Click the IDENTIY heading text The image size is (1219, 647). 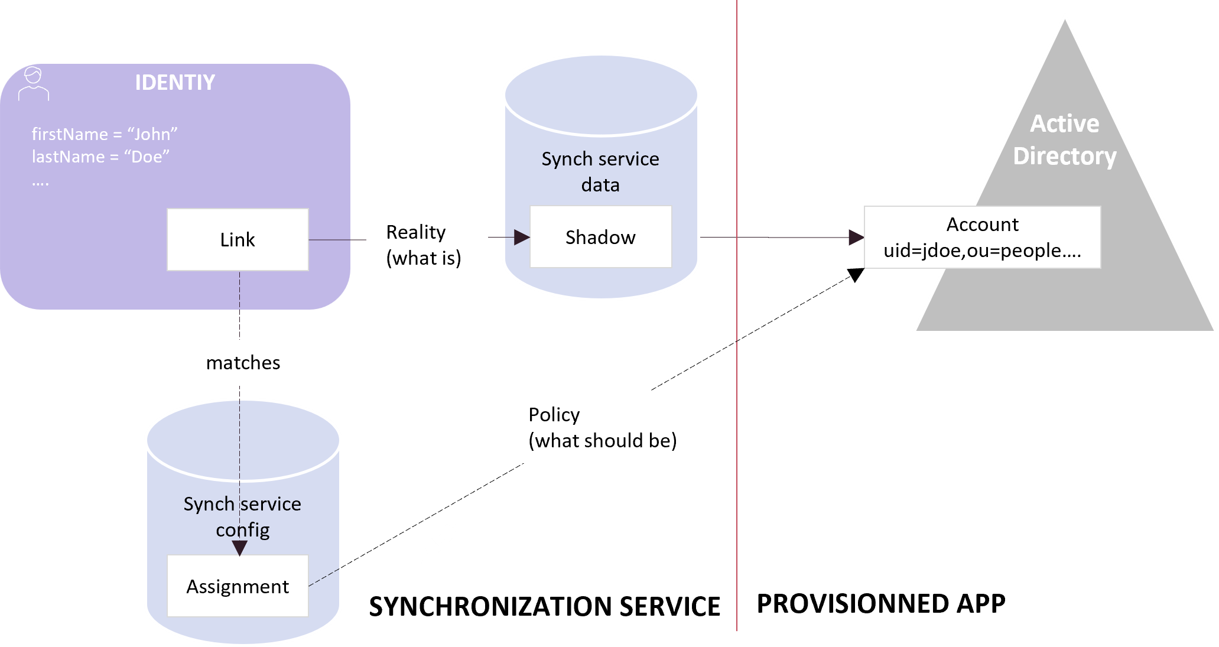tap(175, 82)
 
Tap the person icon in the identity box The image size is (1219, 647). tap(33, 84)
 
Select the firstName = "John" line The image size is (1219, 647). tap(105, 134)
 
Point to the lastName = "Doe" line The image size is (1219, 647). tap(100, 157)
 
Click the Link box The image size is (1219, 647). tap(238, 239)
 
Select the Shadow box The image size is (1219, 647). tap(600, 237)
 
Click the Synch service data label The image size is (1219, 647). tap(600, 171)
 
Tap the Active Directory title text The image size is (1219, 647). tap(1065, 140)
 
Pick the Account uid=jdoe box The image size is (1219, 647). tap(982, 237)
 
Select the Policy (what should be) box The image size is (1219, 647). tap(608, 427)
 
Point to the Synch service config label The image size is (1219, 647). tap(242, 516)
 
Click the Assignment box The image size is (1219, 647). tap(238, 586)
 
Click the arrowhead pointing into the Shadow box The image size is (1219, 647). tap(521, 238)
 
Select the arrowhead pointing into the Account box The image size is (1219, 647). tap(856, 238)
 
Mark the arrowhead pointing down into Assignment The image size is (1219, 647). tap(239, 548)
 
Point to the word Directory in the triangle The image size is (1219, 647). tap(1065, 156)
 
